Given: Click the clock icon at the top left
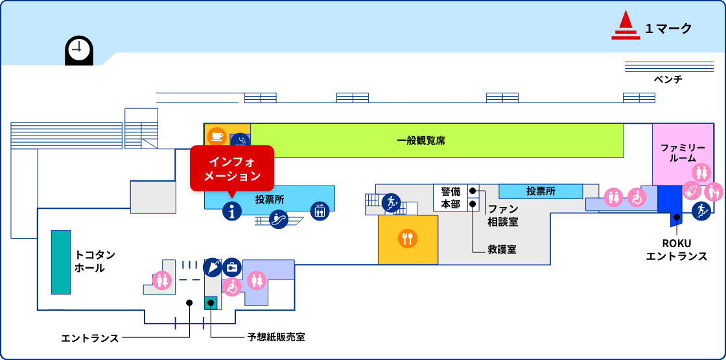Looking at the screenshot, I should [79, 49].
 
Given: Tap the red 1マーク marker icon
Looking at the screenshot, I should [625, 26].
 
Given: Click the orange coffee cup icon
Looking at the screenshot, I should [217, 136].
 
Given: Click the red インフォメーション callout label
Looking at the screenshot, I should [232, 168].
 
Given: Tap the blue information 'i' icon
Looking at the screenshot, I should [232, 211].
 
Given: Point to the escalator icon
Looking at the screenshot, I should [279, 219].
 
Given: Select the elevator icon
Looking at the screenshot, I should [320, 211].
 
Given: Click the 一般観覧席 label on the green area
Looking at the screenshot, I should [421, 140].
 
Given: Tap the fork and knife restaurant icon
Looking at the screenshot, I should [408, 239].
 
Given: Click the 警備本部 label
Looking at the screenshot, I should [451, 197].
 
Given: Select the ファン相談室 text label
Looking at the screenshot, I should [503, 215].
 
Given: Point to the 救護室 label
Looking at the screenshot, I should [502, 249].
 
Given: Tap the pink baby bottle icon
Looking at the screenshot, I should [692, 191].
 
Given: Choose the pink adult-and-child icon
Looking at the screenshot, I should [713, 191].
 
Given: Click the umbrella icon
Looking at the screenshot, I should [213, 267].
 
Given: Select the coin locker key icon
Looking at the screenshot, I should [232, 267].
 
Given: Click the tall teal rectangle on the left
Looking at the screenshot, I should [61, 262].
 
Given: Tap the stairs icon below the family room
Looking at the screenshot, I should [701, 211].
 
